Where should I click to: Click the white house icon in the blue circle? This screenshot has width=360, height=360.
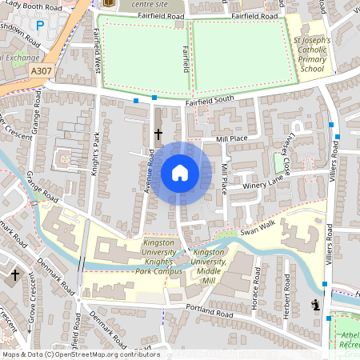pyautogui.click(x=180, y=173)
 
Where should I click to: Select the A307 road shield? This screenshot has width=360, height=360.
pyautogui.click(x=42, y=71)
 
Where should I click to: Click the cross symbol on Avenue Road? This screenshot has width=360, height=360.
pyautogui.click(x=158, y=134)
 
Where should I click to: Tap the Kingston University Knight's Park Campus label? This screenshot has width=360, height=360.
pyautogui.click(x=163, y=252)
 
